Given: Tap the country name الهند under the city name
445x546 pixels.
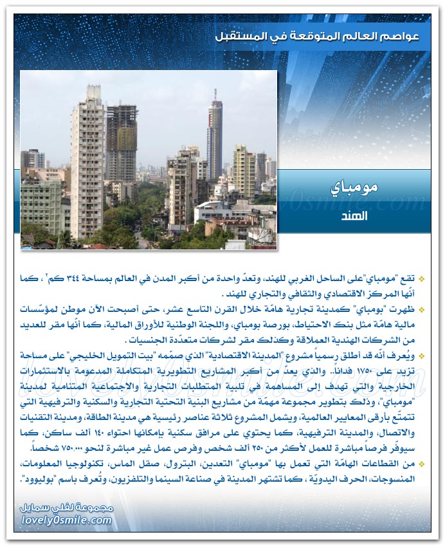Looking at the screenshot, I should tap(354, 216).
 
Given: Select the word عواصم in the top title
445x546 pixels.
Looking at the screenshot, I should tap(397, 37).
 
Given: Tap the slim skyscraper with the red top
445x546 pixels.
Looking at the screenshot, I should tap(215, 135).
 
